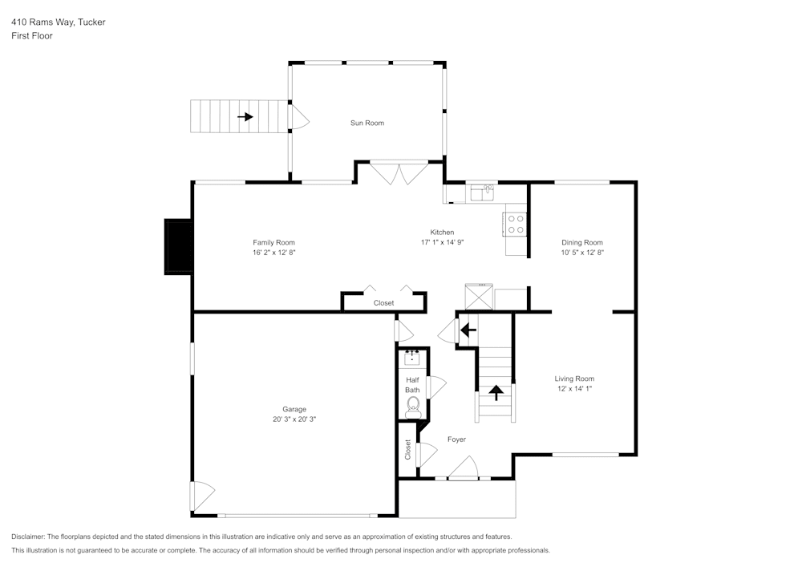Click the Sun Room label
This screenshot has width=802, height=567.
(x=367, y=123)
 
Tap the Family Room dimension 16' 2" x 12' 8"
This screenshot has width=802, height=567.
(x=273, y=253)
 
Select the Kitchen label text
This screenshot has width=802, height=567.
(x=442, y=232)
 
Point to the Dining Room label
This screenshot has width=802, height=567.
(x=581, y=242)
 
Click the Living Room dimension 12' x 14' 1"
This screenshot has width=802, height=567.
(x=573, y=388)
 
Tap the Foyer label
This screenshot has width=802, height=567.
(x=456, y=439)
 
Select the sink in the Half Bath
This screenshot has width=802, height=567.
(x=413, y=358)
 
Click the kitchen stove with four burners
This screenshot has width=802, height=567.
(x=516, y=223)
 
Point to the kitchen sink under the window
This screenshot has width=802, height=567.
(x=481, y=192)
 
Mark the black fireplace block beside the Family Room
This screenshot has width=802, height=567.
(x=177, y=247)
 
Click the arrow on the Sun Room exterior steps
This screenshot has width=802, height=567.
(x=245, y=117)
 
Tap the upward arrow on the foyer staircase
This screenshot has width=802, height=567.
(x=496, y=392)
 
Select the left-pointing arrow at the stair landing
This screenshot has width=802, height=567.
(x=468, y=329)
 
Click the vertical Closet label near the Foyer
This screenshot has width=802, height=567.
(x=407, y=449)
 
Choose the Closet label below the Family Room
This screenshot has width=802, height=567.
(x=383, y=303)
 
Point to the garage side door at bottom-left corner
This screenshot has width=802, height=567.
(x=200, y=496)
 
